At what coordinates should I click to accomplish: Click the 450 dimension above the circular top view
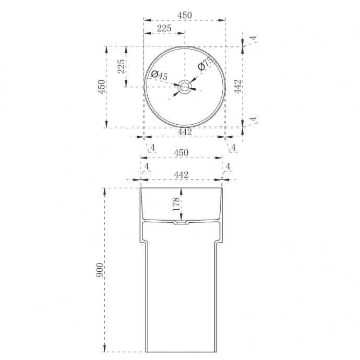pyautogui.click(x=185, y=15)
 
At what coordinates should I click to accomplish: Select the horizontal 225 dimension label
pyautogui.click(x=164, y=28)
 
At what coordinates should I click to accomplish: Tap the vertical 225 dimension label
pyautogui.click(x=121, y=67)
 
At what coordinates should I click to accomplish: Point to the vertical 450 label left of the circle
pyautogui.click(x=102, y=87)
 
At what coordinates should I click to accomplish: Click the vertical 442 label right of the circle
pyautogui.click(x=237, y=87)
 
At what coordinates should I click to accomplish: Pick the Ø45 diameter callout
pyautogui.click(x=159, y=75)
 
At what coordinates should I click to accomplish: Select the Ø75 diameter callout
pyautogui.click(x=206, y=64)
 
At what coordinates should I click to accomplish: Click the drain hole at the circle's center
pyautogui.click(x=184, y=87)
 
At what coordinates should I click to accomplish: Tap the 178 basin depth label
pyautogui.click(x=176, y=204)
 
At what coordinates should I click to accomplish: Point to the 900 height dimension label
pyautogui.click(x=100, y=270)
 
